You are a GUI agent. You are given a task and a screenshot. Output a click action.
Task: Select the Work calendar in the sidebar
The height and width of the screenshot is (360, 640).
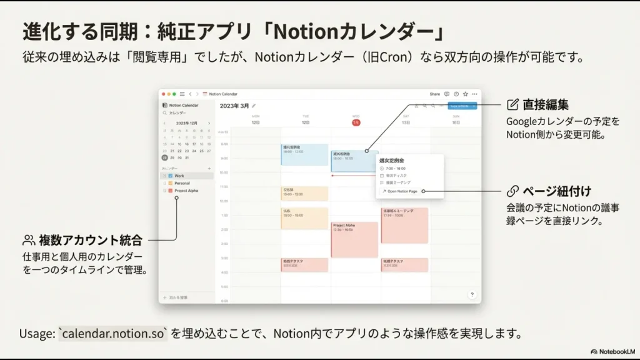point(179,176)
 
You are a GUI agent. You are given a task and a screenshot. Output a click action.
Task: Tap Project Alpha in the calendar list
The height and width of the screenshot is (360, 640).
point(186,191)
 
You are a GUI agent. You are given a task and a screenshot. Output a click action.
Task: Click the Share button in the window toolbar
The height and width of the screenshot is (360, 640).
point(434,94)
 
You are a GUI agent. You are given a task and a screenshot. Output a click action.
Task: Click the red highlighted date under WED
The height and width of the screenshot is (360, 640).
point(356,122)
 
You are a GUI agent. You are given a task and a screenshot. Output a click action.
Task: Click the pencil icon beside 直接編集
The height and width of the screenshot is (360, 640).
point(513,104)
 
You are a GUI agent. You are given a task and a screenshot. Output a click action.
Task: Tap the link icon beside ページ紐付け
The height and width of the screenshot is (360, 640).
point(512,191)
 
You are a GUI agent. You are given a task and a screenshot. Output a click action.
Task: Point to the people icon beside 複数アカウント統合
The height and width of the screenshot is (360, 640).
point(29,240)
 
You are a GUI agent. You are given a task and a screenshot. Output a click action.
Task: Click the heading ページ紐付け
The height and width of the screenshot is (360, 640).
point(557,191)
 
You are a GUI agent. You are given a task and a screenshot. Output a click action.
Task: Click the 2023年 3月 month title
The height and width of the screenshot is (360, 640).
point(234,106)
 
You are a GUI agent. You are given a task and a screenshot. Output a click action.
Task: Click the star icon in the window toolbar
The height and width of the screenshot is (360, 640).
point(465,94)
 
